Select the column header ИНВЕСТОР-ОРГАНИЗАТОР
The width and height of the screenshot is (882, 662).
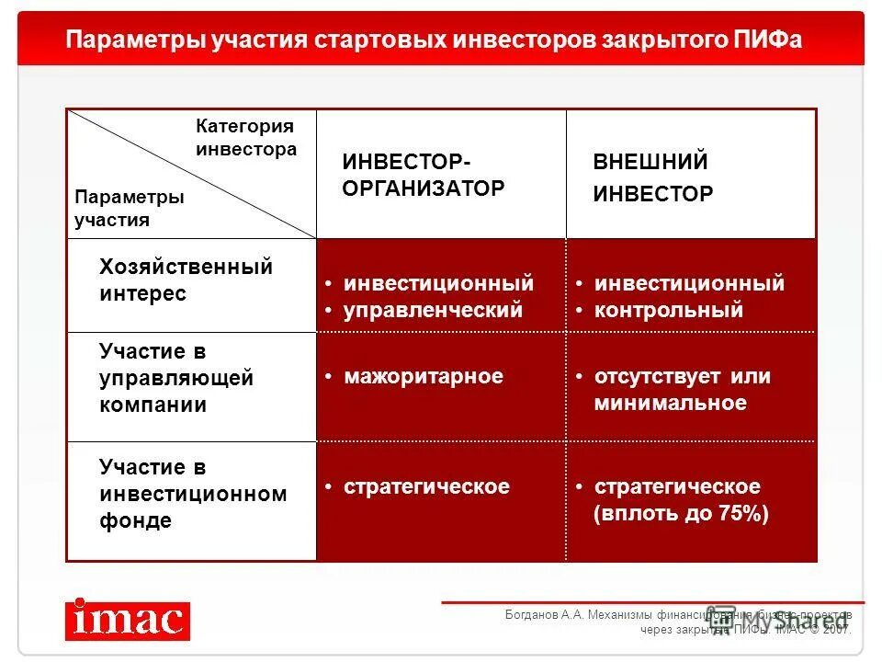pyautogui.click(x=424, y=176)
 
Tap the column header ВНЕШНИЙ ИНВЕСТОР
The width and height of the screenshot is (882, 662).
pyautogui.click(x=652, y=178)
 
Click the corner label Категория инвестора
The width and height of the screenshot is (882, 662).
pyautogui.click(x=245, y=138)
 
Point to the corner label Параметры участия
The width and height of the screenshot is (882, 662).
pyautogui.click(x=129, y=209)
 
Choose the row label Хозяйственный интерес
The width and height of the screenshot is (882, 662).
pyautogui.click(x=186, y=280)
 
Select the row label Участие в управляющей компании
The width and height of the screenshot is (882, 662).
pyautogui.click(x=175, y=378)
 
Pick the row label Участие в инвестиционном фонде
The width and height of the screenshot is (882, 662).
pyautogui.click(x=192, y=495)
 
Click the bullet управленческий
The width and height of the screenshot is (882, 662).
pyautogui.click(x=433, y=311)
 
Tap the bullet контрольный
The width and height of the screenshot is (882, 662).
pyautogui.click(x=668, y=311)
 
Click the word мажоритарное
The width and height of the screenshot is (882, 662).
pyautogui.click(x=423, y=376)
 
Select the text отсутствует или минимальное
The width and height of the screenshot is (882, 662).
pyautogui.click(x=681, y=390)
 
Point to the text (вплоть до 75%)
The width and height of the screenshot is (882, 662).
pyautogui.click(x=681, y=514)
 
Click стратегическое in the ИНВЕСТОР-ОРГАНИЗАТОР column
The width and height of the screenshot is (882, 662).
pyautogui.click(x=426, y=486)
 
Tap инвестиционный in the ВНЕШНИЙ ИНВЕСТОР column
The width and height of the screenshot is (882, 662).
pyautogui.click(x=689, y=283)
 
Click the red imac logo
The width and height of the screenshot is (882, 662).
pyautogui.click(x=128, y=620)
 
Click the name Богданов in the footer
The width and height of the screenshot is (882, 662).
pyautogui.click(x=531, y=615)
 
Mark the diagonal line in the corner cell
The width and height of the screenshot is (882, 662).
pyautogui.click(x=193, y=174)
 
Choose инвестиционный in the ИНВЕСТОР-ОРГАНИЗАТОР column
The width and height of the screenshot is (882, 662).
pyautogui.click(x=438, y=283)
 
